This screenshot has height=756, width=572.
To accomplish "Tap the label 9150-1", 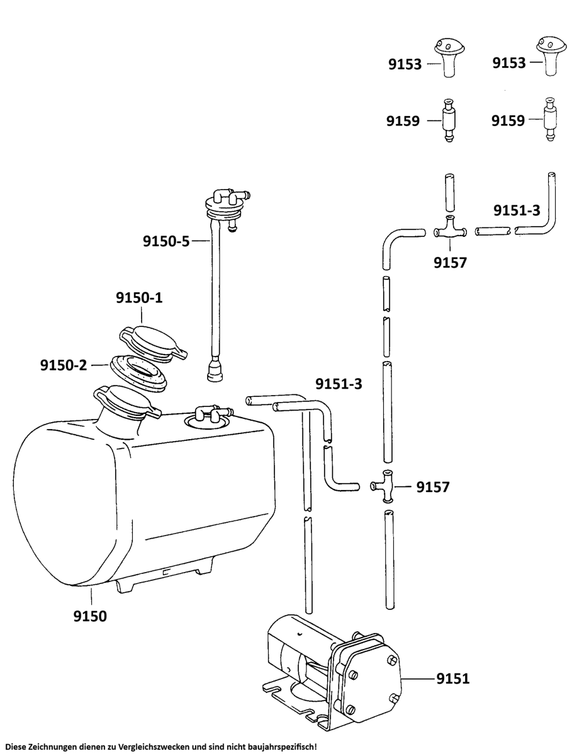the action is [x=139, y=297].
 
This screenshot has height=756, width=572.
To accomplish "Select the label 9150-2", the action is [x=64, y=365].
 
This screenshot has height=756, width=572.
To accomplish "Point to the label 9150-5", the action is [x=166, y=241].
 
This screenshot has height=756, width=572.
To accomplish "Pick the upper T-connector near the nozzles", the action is [x=450, y=228].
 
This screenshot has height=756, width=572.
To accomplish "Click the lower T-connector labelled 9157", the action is [x=383, y=486].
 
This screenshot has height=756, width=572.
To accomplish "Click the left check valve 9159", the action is [x=449, y=120].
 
